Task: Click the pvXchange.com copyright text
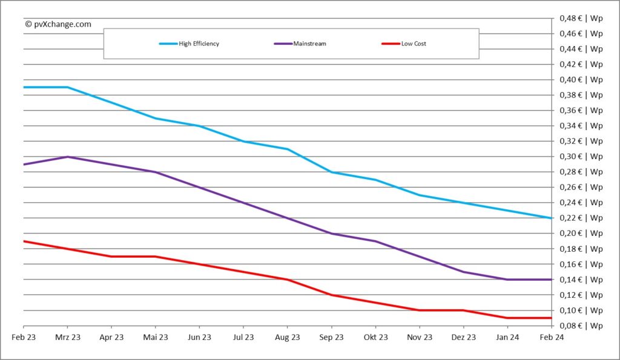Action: pyautogui.click(x=58, y=24)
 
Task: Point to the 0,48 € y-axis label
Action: pyautogui.click(x=580, y=18)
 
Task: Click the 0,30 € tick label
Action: pyautogui.click(x=580, y=157)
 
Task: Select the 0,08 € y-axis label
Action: pyautogui.click(x=580, y=326)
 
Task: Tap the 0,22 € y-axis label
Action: pyautogui.click(x=580, y=218)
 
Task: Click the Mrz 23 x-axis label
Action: pyautogui.click(x=67, y=338)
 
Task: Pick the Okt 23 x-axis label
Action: pyautogui.click(x=375, y=338)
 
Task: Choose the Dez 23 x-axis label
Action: pyautogui.click(x=463, y=338)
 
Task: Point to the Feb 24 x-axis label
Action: pyautogui.click(x=551, y=338)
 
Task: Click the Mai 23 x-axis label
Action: pyautogui.click(x=156, y=338)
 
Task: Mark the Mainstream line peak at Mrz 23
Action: pyautogui.click(x=67, y=157)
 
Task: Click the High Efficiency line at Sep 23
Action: pyautogui.click(x=331, y=172)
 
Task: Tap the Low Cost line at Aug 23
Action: pyautogui.click(x=287, y=280)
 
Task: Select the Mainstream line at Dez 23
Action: pyautogui.click(x=463, y=272)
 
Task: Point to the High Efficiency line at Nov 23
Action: pyautogui.click(x=420, y=195)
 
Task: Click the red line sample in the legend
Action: pyautogui.click(x=390, y=44)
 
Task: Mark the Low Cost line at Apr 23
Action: pyautogui.click(x=111, y=257)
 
